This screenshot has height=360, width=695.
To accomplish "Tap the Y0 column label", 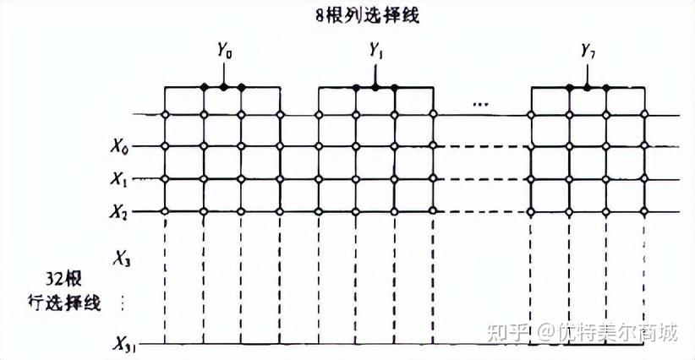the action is [x=224, y=51].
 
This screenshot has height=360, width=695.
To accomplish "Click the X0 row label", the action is [x=120, y=147].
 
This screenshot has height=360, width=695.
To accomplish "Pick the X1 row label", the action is [x=120, y=179].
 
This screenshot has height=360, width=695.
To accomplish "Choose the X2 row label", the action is [x=120, y=211].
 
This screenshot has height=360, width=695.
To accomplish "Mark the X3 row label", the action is [x=121, y=259].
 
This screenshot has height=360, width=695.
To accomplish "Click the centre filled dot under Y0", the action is [x=223, y=86].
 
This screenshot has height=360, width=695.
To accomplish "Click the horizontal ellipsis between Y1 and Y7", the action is [x=481, y=104].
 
